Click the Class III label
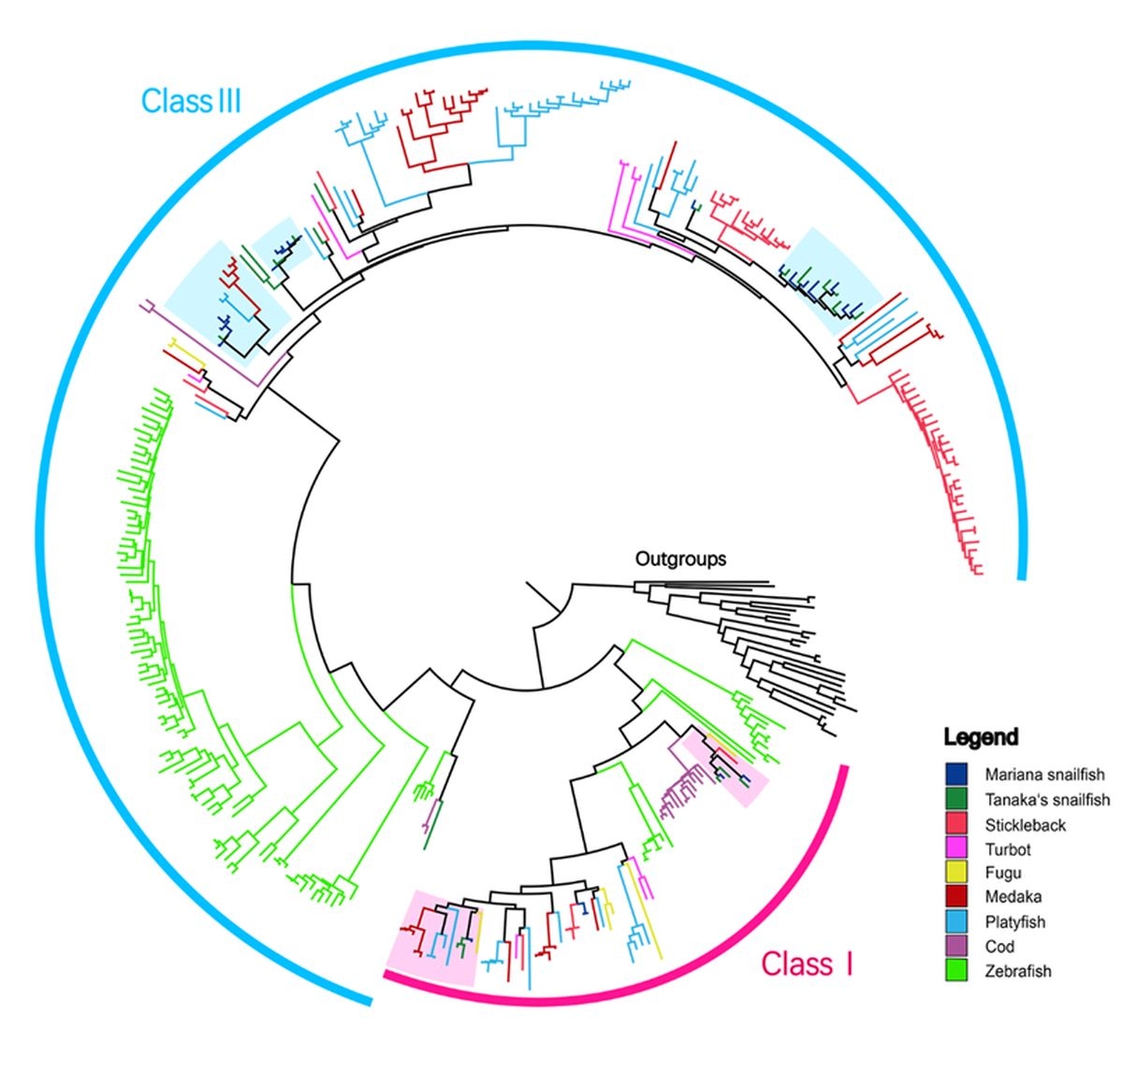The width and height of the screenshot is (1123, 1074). click(191, 100)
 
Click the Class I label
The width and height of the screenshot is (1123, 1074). click(807, 964)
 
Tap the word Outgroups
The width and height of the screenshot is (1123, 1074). click(680, 559)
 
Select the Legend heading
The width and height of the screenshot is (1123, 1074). click(981, 737)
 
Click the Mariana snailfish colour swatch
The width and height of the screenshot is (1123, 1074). click(955, 775)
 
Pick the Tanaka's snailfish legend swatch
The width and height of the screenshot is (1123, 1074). click(955, 799)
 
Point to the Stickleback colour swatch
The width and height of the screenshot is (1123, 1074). click(955, 824)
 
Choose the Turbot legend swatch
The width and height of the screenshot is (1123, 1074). click(955, 849)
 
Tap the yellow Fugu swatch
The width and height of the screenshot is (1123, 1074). click(955, 873)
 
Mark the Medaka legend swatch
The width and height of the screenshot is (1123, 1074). click(955, 897)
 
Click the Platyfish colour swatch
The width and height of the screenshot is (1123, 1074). click(955, 922)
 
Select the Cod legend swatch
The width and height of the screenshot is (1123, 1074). click(955, 946)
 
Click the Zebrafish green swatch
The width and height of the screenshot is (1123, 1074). click(955, 970)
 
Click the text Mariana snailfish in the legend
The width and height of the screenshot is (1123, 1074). click(1044, 775)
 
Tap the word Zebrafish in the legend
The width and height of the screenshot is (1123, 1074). click(1017, 971)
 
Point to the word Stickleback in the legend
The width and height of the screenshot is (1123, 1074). click(1025, 825)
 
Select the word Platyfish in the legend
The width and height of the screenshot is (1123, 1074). click(1014, 922)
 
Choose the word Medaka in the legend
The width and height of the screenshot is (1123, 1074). click(1013, 897)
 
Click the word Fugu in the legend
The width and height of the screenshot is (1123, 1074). click(1003, 873)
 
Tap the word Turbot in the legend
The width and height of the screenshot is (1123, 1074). click(1007, 849)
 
